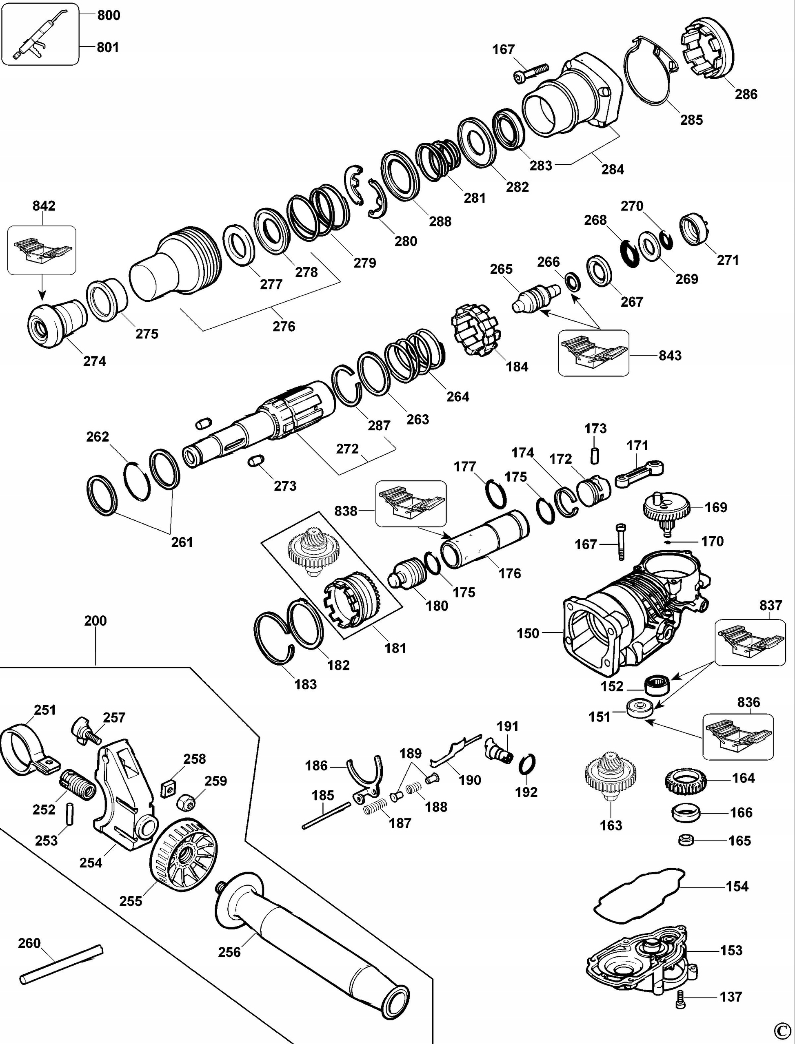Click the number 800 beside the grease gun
109,15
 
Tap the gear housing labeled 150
629,615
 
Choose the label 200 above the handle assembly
95,620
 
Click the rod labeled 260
62,964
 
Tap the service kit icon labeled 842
42,250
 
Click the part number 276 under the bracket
284,326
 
